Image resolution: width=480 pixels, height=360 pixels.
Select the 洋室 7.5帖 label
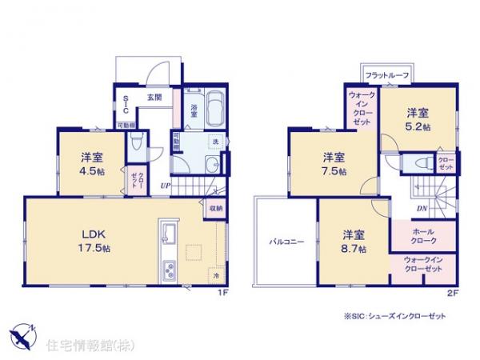point(334,164)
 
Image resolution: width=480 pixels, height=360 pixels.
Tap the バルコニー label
point(286,240)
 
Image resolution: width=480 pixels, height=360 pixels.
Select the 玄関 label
point(154,97)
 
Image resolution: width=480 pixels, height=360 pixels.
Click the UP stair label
point(164,186)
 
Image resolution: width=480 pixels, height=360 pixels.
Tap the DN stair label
point(421,209)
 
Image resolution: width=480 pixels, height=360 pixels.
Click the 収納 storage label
point(216,208)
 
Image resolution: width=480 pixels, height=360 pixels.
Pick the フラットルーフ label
point(387,75)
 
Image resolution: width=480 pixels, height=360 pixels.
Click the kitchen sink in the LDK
point(169,234)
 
